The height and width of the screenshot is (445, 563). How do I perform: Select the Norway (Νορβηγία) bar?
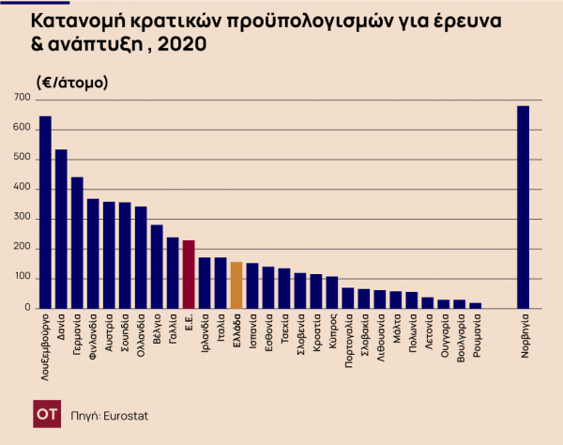[x=523, y=207]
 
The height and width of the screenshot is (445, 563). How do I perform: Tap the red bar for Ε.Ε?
[x=189, y=274]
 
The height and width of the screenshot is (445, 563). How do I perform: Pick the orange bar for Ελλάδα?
[x=236, y=285]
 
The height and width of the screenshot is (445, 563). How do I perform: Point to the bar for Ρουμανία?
[x=475, y=305]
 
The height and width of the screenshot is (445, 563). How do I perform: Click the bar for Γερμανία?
[x=77, y=242]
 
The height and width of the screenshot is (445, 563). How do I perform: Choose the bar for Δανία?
[x=61, y=228]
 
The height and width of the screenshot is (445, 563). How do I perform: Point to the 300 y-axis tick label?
[x=21, y=219]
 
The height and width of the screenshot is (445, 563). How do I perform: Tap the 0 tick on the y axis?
[x=27, y=308]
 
